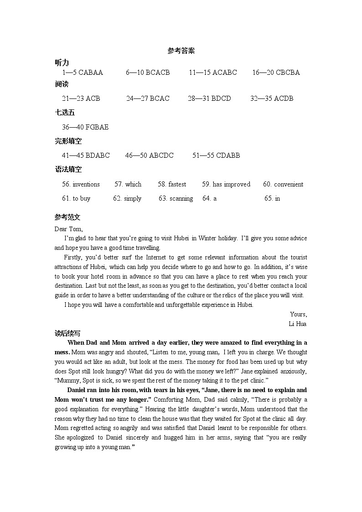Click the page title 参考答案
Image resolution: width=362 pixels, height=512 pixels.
pyautogui.click(x=181, y=51)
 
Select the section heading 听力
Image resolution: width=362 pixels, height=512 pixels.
pyautogui.click(x=62, y=62)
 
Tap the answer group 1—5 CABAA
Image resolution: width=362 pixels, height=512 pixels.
pyautogui.click(x=83, y=72)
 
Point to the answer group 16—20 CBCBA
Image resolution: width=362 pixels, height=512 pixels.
pyautogui.click(x=276, y=72)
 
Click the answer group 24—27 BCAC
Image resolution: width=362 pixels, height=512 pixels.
pyautogui.click(x=148, y=98)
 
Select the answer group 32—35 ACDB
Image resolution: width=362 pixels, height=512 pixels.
pyautogui.click(x=272, y=98)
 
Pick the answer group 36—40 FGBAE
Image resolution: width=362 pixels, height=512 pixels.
pyautogui.click(x=85, y=127)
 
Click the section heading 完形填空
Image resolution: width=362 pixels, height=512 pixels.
pyautogui.click(x=68, y=141)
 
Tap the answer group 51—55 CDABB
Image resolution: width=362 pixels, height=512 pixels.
pyautogui.click(x=216, y=155)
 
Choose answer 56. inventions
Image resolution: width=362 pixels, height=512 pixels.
pyautogui.click(x=81, y=184)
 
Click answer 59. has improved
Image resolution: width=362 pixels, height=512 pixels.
pyautogui.click(x=226, y=184)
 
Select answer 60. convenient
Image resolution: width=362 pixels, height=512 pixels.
pyautogui.click(x=283, y=184)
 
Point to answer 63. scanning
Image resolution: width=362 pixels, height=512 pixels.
pyautogui.click(x=176, y=198)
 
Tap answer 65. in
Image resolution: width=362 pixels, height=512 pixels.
pyautogui.click(x=272, y=198)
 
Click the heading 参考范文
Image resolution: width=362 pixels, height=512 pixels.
pyautogui.click(x=67, y=217)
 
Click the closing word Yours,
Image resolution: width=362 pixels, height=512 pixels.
pyautogui.click(x=298, y=314)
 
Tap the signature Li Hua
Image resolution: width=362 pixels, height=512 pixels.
pyautogui.click(x=298, y=324)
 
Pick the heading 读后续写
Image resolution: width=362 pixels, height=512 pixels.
pyautogui.click(x=67, y=333)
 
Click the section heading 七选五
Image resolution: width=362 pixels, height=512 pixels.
pyautogui.click(x=65, y=113)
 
